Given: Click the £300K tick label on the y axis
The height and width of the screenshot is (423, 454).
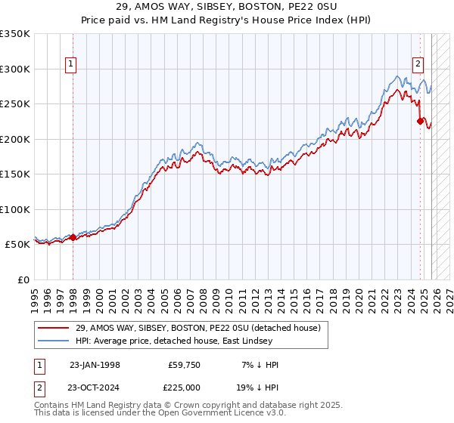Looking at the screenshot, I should tap(15, 69).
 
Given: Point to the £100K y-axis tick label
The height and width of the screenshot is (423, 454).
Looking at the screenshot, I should tap(15, 209).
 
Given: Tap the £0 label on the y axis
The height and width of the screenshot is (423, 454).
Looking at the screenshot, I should tap(23, 279).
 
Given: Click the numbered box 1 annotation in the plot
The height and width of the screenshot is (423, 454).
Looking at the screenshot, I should tap(70, 65).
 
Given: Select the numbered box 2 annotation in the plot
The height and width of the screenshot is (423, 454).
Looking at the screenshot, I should tap(417, 65).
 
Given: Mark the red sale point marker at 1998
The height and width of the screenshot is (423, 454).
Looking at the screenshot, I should tap(73, 237).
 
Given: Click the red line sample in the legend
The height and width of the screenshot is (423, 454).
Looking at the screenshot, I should tap(54, 328).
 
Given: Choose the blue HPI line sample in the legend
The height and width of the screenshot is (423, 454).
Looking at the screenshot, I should tap(54, 341).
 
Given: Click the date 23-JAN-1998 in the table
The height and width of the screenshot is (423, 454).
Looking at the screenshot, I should tap(95, 365).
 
